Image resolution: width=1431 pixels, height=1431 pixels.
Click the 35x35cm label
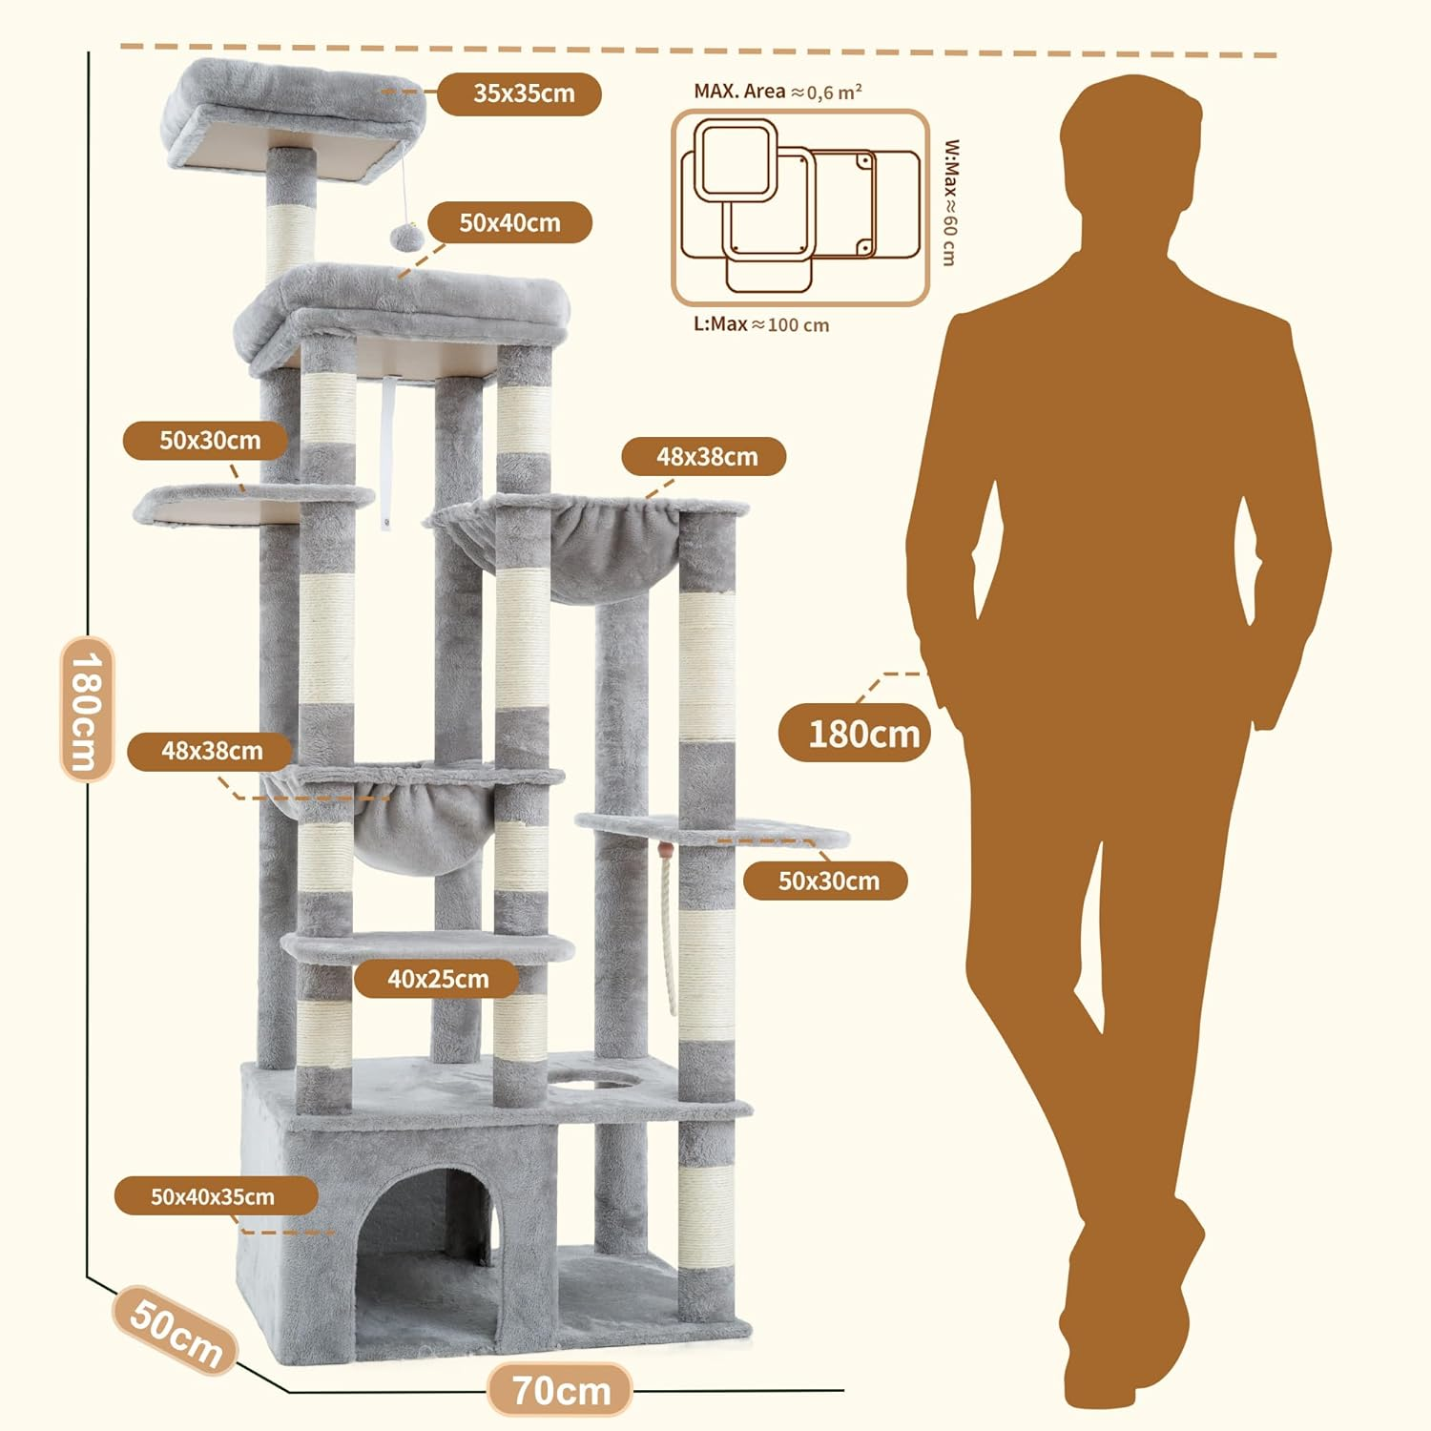coord(519,93)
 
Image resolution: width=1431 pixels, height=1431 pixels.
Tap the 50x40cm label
coord(509,222)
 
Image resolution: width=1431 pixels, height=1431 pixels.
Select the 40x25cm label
coord(437,979)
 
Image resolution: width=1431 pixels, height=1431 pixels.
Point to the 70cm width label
coord(561,1390)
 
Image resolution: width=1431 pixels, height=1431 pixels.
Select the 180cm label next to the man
coord(862,734)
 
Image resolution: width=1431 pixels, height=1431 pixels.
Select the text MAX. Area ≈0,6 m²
coord(778,92)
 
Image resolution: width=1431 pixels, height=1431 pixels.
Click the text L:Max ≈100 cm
coord(760,324)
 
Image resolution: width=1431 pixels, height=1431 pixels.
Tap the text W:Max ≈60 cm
coord(950,202)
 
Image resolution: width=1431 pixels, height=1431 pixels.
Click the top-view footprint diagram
coord(799,208)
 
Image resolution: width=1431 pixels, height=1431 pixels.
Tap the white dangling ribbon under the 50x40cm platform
coord(385,448)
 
